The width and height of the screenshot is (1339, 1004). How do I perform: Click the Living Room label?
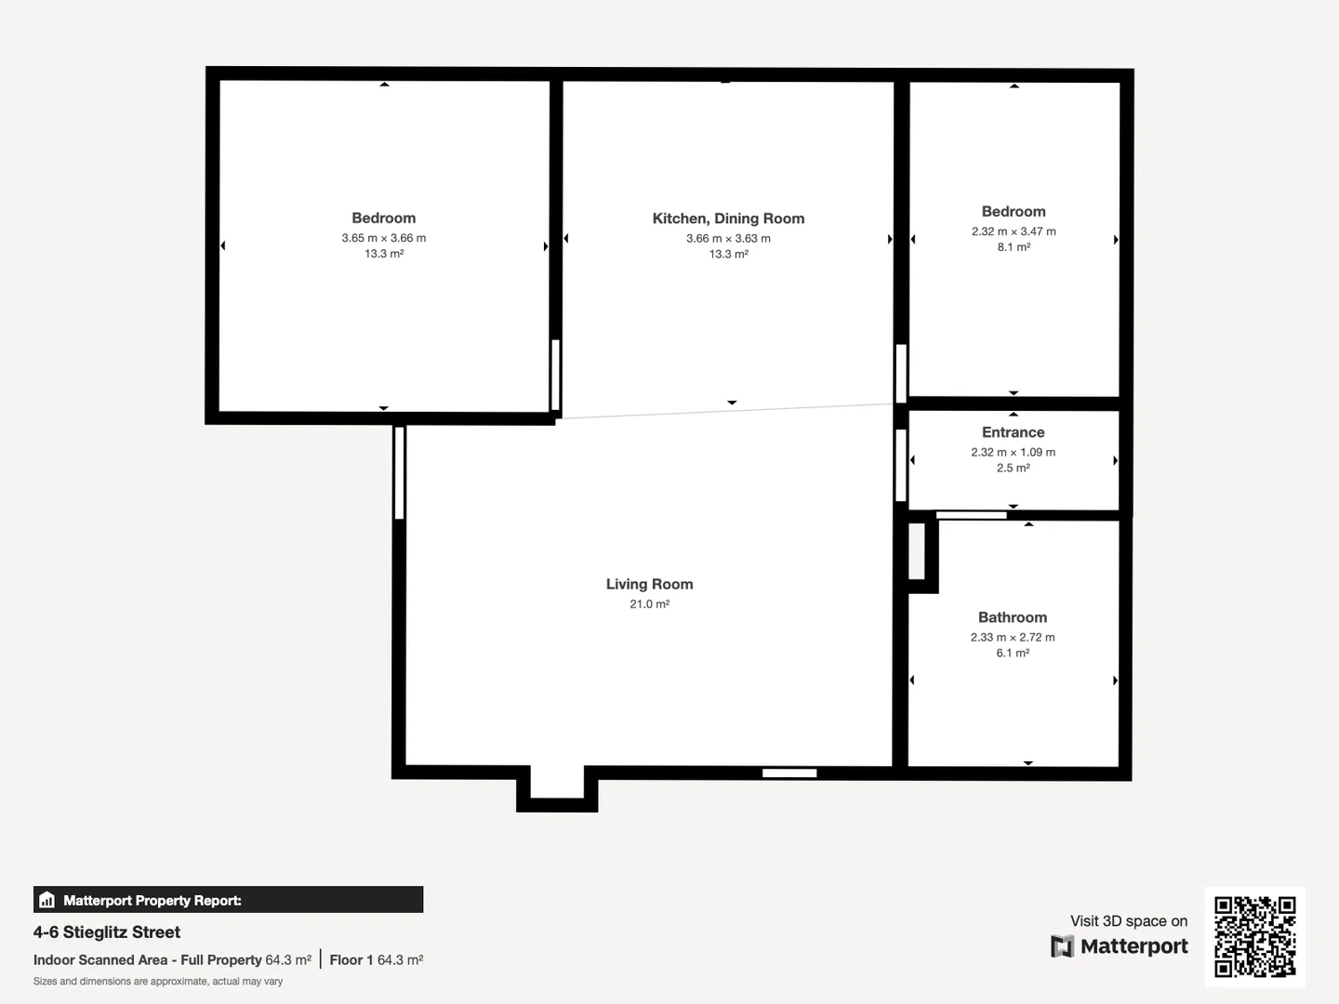click(649, 584)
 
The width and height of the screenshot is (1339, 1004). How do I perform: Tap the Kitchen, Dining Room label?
click(728, 218)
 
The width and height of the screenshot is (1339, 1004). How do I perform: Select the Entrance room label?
click(1013, 432)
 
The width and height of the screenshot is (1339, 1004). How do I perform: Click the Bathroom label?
click(1012, 617)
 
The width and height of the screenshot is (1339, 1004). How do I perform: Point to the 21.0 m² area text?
click(649, 604)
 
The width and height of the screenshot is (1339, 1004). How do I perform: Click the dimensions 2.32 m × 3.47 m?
click(1014, 231)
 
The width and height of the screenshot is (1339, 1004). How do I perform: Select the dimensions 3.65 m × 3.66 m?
click(383, 238)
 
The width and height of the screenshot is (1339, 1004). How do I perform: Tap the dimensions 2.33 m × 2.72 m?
click(1012, 638)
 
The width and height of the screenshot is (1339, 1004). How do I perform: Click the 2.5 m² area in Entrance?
click(1013, 468)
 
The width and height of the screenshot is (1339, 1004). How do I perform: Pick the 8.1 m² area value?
click(1014, 247)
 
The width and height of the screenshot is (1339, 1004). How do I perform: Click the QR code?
click(1254, 936)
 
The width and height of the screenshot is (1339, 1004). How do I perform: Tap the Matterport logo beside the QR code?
click(1120, 946)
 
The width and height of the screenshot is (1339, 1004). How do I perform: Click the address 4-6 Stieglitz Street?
click(107, 932)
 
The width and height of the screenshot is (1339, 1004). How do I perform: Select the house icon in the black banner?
click(47, 900)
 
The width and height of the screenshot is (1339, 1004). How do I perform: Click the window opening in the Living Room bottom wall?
click(789, 773)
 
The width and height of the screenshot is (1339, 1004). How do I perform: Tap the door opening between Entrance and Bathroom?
click(971, 515)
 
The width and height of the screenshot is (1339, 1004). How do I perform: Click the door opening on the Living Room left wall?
click(399, 472)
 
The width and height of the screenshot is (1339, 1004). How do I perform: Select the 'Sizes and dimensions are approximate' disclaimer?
click(158, 982)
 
